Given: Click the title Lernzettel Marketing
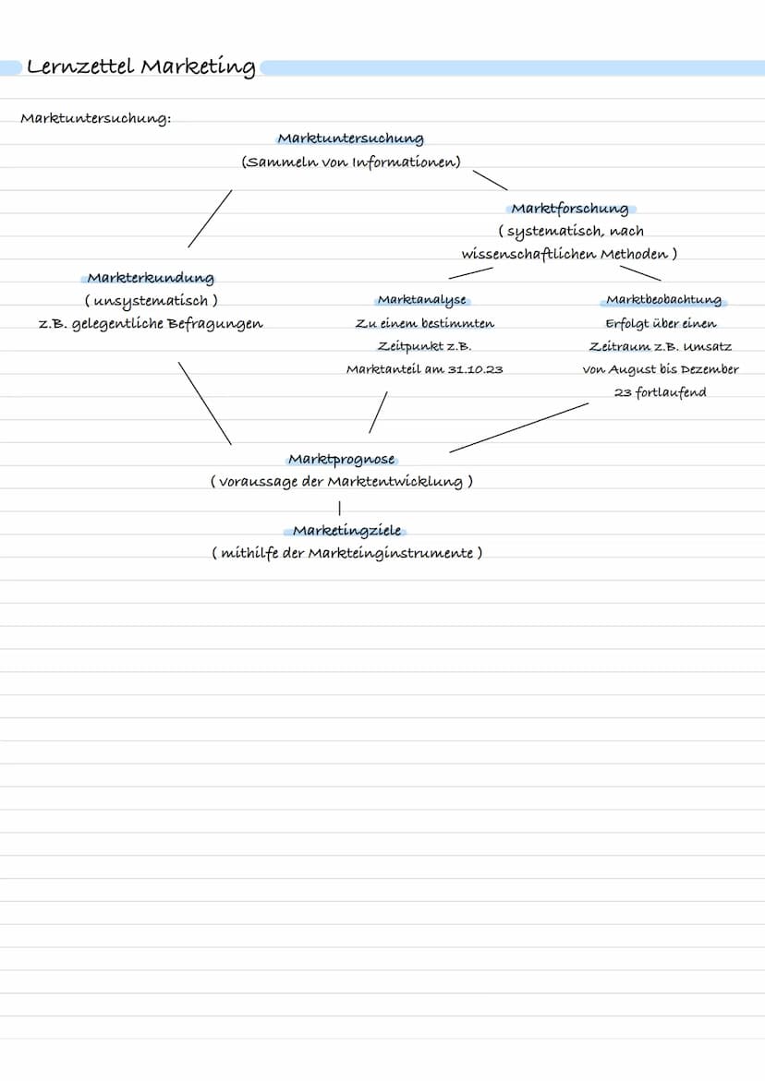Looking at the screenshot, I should [x=140, y=67].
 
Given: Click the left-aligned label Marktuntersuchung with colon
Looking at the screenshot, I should [x=95, y=119].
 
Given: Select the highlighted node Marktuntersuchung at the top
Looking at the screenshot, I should [x=350, y=138].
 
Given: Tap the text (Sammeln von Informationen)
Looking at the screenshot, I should [x=351, y=162].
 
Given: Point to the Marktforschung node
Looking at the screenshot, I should [x=569, y=209].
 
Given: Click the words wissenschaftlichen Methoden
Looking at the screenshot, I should [x=564, y=254].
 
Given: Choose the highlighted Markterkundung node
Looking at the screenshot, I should [x=151, y=278].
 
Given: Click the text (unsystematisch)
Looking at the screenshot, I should [x=151, y=301].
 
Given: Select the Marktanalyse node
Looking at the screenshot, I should [x=422, y=300].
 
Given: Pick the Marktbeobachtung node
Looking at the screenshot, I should [x=663, y=300].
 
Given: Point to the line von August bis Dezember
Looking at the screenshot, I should [x=661, y=369].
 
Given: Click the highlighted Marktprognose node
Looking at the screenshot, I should [x=342, y=459].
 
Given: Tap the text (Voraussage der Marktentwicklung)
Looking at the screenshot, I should [x=341, y=482].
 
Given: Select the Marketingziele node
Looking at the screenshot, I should [x=346, y=531].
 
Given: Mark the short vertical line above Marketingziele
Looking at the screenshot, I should [x=340, y=507].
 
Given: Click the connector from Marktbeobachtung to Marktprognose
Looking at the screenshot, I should [x=518, y=427].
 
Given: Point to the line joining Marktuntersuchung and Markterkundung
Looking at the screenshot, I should [x=210, y=219].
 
